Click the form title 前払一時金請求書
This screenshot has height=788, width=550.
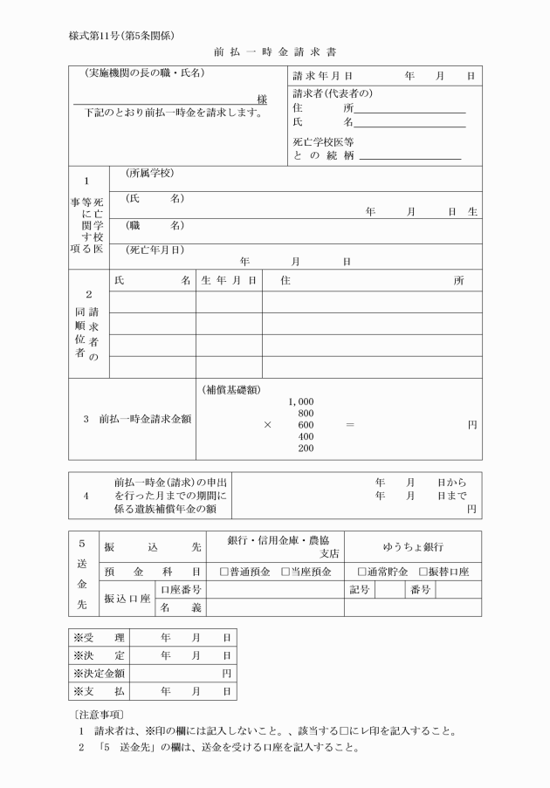274,52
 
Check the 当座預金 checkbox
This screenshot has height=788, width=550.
285,572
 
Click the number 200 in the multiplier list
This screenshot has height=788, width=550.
306,449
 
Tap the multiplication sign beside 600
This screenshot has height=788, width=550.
266,425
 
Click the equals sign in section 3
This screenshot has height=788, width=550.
350,425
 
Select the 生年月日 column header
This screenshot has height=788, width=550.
229,280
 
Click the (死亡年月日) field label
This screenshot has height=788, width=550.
155,250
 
